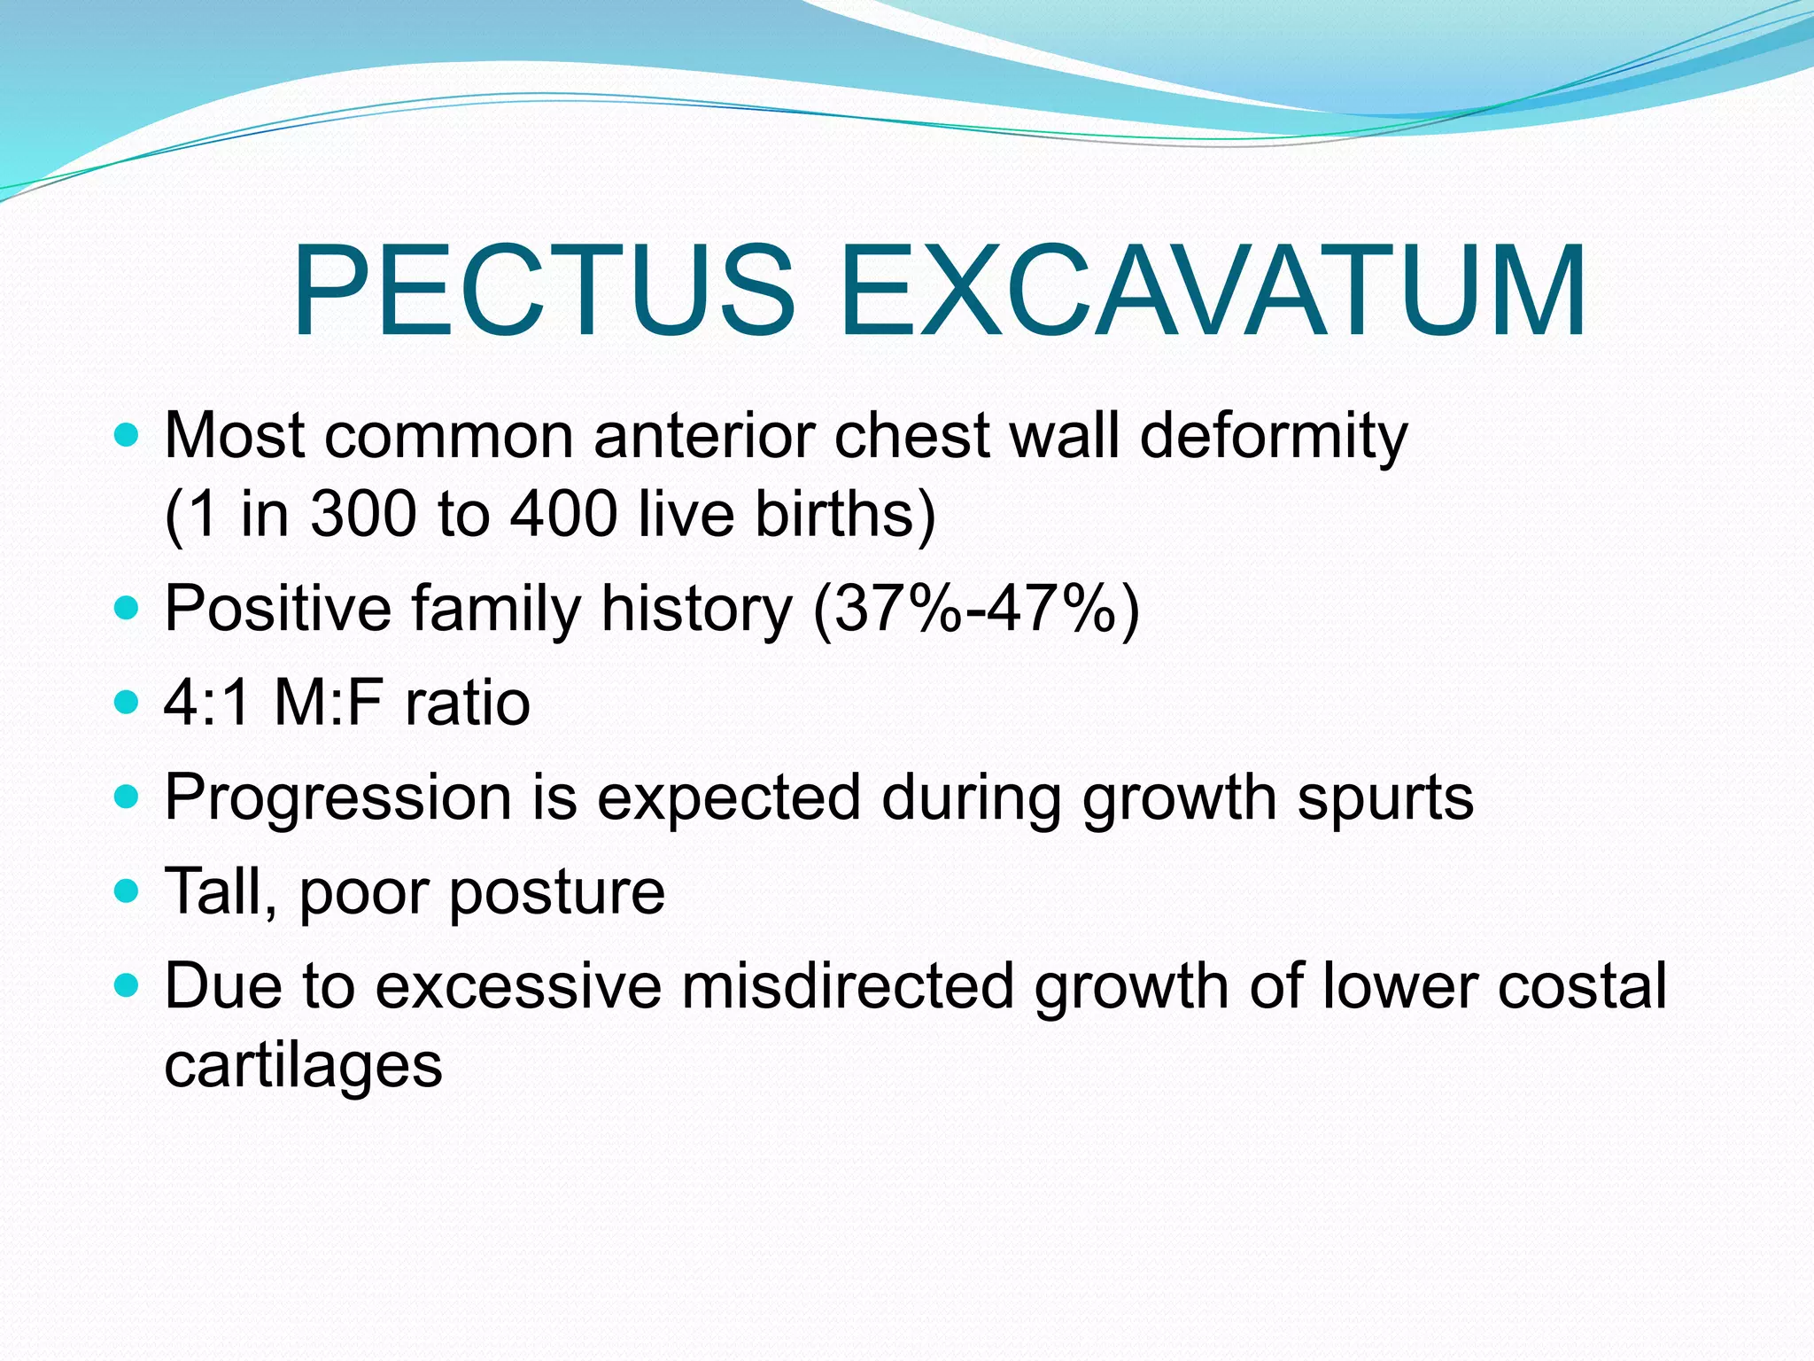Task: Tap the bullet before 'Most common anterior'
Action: click(128, 435)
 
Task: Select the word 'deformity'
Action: click(1274, 437)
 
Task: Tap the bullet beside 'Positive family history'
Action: click(128, 608)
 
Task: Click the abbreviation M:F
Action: click(329, 704)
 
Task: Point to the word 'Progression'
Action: click(337, 798)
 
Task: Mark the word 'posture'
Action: click(557, 893)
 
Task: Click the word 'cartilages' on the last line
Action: click(303, 1066)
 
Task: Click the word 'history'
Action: click(696, 611)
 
